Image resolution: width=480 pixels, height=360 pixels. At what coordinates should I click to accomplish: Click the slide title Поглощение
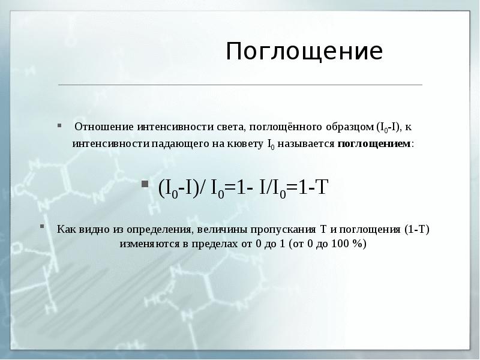tap(304, 52)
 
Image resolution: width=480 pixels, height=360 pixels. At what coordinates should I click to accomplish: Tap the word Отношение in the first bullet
tap(103, 127)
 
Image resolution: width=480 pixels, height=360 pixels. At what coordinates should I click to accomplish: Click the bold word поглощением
tap(375, 145)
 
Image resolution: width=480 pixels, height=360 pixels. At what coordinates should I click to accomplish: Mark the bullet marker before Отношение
tap(59, 126)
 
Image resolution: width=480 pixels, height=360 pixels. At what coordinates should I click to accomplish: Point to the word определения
tap(155, 229)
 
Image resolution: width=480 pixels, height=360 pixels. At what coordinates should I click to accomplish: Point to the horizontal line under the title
tap(240, 85)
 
